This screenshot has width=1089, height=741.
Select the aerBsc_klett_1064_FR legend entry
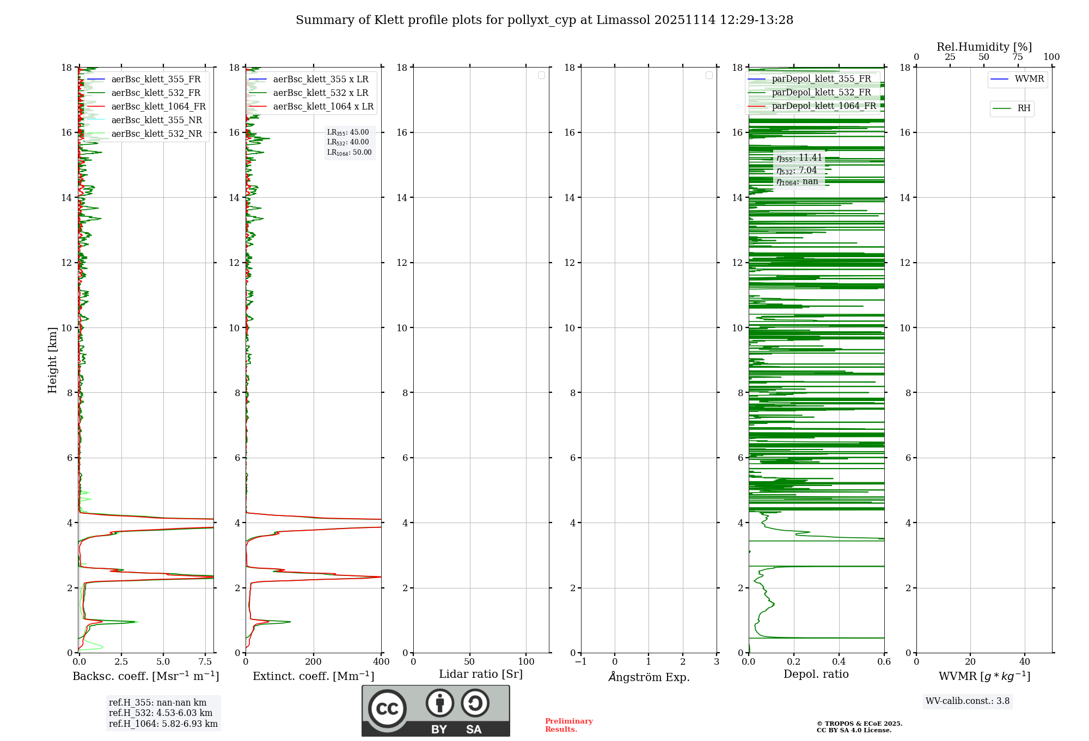pos(158,107)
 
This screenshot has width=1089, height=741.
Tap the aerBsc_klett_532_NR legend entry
pos(156,134)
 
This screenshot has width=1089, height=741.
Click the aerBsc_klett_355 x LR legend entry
pos(320,80)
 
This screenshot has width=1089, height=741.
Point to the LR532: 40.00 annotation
pos(348,142)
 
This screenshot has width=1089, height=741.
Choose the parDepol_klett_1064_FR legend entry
pos(823,106)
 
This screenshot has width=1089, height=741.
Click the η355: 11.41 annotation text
pos(799,158)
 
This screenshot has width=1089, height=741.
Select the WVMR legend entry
pos(1029,79)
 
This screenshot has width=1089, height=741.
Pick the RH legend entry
pos(1023,108)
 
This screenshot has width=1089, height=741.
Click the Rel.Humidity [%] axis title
pos(984,47)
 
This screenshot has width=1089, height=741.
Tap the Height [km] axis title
pos(52,360)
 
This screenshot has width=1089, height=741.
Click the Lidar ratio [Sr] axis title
pos(481,675)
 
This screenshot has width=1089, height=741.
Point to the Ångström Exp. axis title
pos(648,677)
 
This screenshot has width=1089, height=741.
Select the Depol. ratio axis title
pos(816,675)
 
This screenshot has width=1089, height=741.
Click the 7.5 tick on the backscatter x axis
pos(205,662)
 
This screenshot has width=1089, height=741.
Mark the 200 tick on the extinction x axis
pos(314,662)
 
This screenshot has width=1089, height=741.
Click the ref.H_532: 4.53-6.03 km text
pos(161,713)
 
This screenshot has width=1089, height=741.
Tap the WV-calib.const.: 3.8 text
pos(968,701)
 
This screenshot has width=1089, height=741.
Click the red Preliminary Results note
pos(568,725)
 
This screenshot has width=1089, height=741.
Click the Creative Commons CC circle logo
pos(387,709)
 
